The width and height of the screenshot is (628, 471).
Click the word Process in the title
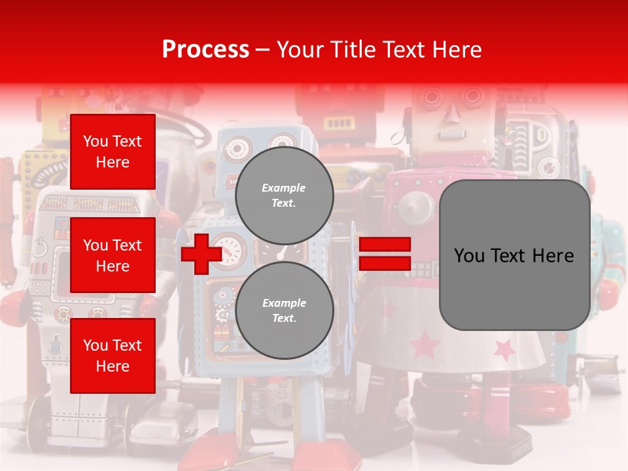pos(205,49)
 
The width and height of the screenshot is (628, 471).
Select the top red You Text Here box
pos(113,152)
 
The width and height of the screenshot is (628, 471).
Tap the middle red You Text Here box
pos(113,255)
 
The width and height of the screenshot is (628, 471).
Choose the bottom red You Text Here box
pos(113,355)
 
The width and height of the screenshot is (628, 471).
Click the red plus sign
pos(201,254)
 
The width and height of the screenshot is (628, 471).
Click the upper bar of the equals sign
pos(385,245)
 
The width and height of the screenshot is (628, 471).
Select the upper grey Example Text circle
pos(284,196)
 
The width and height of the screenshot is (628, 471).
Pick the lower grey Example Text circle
pos(284,310)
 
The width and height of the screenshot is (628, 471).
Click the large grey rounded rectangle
pos(514,255)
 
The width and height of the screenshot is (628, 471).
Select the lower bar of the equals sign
pos(385,263)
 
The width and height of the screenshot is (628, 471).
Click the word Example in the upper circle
pos(284,188)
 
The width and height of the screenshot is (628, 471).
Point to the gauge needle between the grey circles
pos(282,252)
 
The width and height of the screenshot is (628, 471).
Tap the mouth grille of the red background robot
pos(340,123)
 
